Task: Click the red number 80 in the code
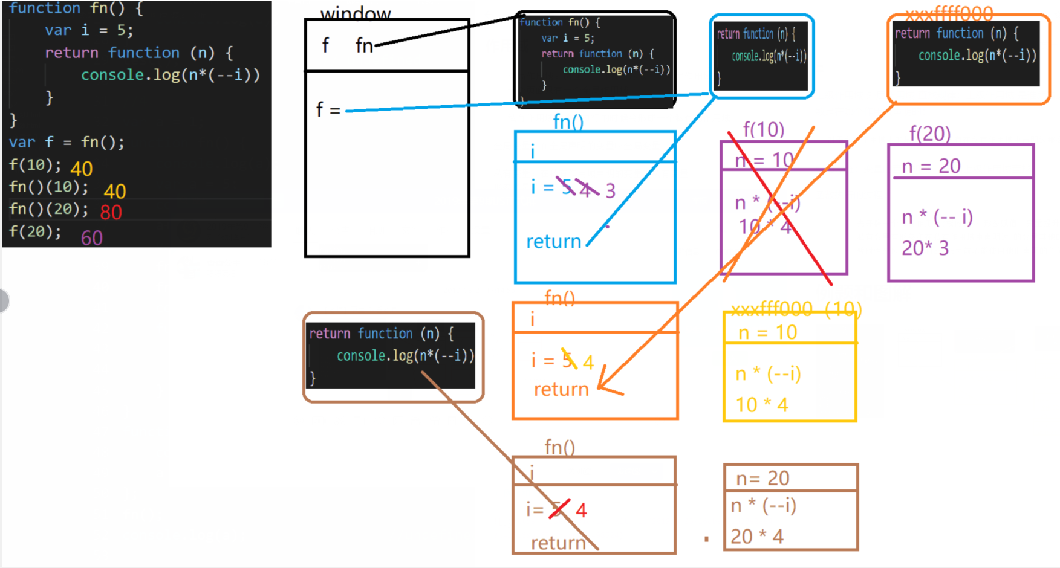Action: [111, 213]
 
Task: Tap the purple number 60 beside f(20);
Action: [92, 238]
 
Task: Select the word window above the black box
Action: [356, 13]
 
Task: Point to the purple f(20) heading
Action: [930, 134]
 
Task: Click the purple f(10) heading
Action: [763, 129]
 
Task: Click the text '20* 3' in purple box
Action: [925, 248]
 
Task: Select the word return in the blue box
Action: [553, 242]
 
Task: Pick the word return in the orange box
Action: [561, 390]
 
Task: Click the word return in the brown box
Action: [558, 543]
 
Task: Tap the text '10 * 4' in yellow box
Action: [762, 405]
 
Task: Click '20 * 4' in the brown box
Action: [757, 537]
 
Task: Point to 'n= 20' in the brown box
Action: [762, 479]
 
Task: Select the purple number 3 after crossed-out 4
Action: [611, 191]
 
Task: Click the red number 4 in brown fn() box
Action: [581, 511]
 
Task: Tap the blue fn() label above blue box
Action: [568, 122]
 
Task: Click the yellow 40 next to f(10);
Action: [82, 169]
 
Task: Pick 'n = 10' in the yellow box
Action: [768, 332]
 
